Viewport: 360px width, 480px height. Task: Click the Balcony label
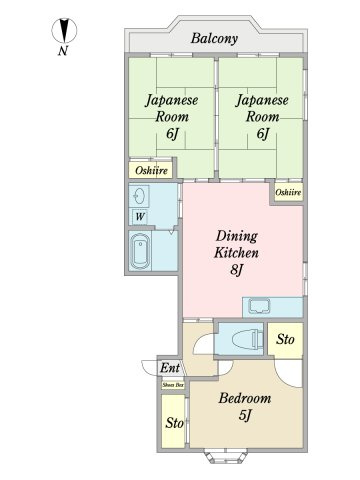(214, 38)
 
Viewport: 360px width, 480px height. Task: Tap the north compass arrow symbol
(64, 30)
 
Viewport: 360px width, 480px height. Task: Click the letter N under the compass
(63, 51)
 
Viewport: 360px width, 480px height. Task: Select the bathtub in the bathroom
(140, 251)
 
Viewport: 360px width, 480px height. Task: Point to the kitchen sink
(260, 306)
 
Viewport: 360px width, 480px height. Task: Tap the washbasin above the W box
(139, 196)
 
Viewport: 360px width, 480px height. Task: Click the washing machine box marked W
(140, 217)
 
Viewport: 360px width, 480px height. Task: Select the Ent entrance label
(170, 368)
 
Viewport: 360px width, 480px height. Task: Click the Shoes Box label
(173, 385)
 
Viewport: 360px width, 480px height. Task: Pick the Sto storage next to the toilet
(285, 340)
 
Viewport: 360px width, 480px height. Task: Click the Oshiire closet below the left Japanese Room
(151, 170)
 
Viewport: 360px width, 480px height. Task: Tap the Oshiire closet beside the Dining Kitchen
(289, 192)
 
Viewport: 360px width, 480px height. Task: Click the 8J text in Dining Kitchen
(236, 269)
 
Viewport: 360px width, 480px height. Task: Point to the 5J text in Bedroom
(245, 415)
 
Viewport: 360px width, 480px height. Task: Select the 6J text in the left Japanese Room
(172, 134)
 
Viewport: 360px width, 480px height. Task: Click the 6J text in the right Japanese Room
(262, 134)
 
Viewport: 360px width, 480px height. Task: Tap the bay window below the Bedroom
(226, 457)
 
